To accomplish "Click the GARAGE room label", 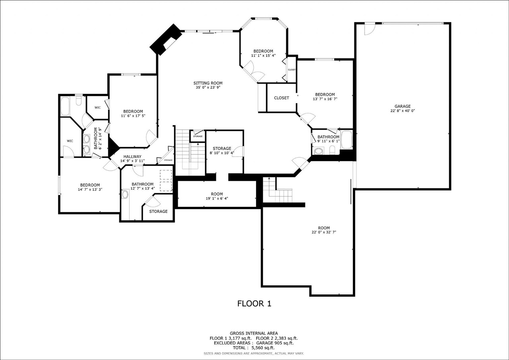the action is coord(402,106).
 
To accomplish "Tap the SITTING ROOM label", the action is coord(208,83).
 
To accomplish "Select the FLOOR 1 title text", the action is coord(254,304).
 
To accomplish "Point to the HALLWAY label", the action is coord(132,157).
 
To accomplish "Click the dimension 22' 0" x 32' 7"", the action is coord(324,232).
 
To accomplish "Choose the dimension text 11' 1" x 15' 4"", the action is coord(263,55).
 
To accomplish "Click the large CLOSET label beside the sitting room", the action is coord(282,98).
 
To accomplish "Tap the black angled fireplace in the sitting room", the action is coord(166,39).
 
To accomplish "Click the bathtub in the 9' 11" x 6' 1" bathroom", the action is coord(346,140).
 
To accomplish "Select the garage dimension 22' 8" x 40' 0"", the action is coord(403,111).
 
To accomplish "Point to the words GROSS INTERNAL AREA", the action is coord(254,333).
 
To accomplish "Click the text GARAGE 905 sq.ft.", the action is coord(275,343).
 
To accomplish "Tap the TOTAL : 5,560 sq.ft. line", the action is coord(254,348).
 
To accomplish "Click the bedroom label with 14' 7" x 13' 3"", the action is coord(90,185).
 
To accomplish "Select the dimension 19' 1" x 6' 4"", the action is coord(217,198).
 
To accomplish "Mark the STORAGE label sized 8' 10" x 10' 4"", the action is coord(222,148).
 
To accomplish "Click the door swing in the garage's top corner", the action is coord(370,29).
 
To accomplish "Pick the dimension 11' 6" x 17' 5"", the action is coord(133,116).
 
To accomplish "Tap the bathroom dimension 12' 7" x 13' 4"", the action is coord(143,189).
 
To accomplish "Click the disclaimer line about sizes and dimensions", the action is coord(254,353).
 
